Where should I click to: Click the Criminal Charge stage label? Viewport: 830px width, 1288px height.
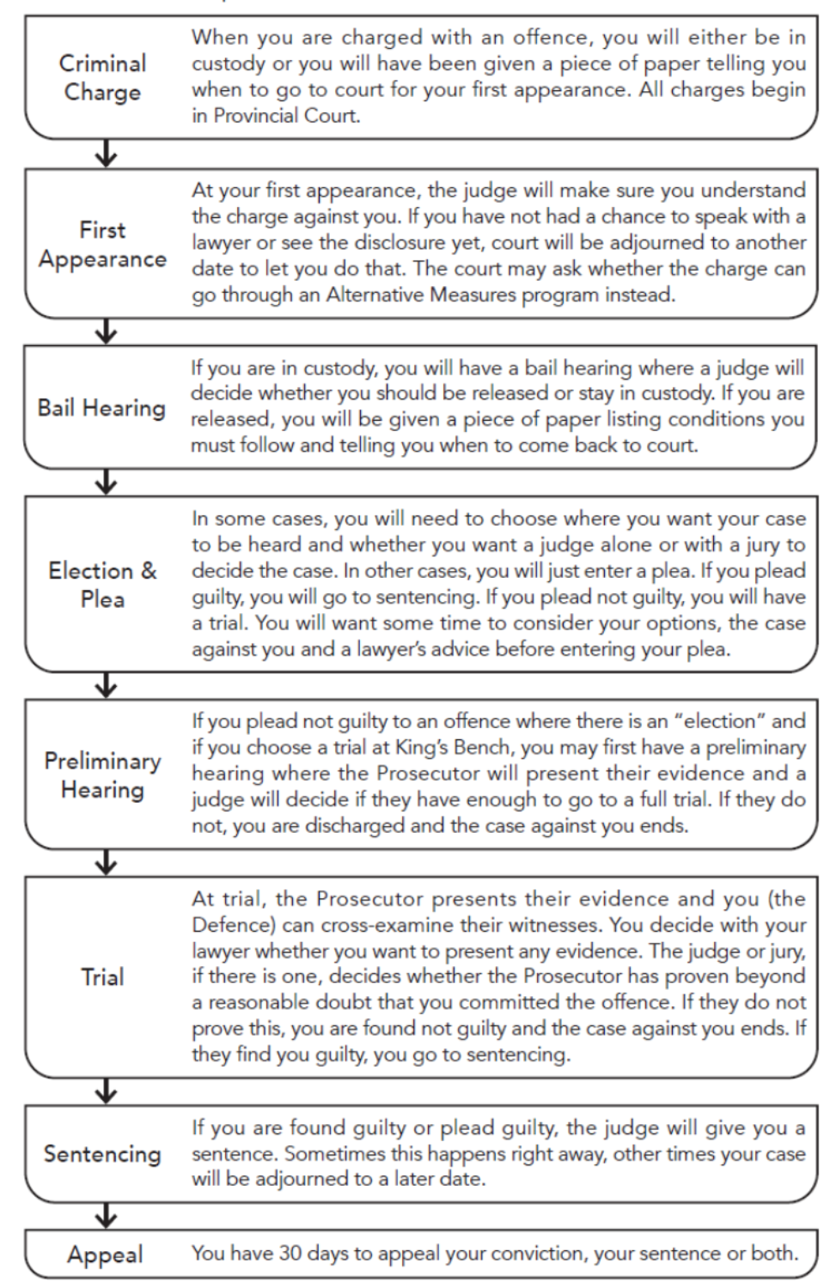click(102, 77)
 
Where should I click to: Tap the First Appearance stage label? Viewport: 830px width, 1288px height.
click(102, 245)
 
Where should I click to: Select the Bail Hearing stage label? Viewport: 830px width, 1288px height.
click(101, 408)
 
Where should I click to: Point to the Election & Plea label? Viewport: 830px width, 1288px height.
click(102, 585)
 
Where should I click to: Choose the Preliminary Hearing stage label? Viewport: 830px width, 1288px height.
click(102, 775)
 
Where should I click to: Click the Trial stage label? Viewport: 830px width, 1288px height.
click(102, 977)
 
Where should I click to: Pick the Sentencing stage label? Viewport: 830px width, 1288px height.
click(102, 1154)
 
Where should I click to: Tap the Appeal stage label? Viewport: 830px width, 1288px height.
click(105, 1255)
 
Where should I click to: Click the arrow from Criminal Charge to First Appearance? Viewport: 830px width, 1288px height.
click(106, 155)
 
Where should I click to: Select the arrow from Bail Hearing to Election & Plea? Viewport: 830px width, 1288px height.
click(106, 483)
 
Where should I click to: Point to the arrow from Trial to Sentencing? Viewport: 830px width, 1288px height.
click(106, 1091)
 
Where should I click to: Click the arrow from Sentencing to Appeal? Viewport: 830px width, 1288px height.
click(106, 1216)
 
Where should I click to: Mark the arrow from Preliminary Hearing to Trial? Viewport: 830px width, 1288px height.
click(106, 862)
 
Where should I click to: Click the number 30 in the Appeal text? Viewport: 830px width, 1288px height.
click(290, 1254)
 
